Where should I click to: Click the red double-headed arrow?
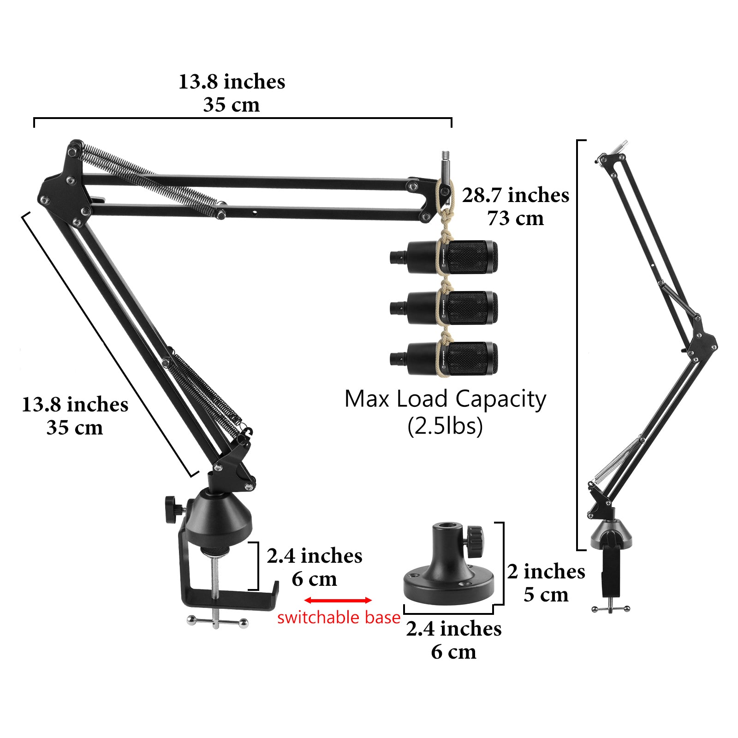338,600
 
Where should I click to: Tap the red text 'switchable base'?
339,618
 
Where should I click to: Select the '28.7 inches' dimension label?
516,195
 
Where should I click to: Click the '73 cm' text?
516,218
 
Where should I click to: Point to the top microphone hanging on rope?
444,257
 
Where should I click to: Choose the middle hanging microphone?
444,308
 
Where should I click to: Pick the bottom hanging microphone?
444,358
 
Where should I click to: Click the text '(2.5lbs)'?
445,426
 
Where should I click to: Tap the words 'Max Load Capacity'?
445,399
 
